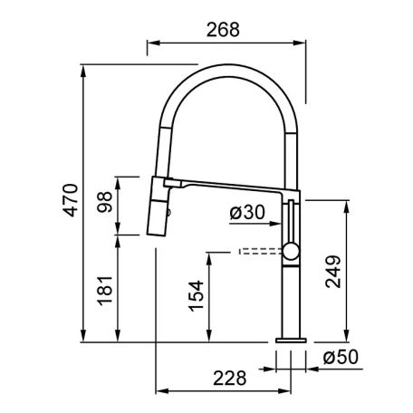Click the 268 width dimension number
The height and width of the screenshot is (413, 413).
pos(223,30)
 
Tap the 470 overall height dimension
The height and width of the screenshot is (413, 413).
pos(71,200)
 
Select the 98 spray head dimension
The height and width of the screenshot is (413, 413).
pos(104,202)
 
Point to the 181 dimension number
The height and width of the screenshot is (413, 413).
pos(104,291)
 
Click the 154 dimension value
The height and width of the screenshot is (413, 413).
pos(196,295)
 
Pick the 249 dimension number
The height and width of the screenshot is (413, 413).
pos(333,272)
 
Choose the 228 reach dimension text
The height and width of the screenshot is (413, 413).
pos(230,378)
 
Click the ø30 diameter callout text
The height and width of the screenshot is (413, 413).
pos(247,212)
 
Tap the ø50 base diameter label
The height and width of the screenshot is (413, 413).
pos(341,357)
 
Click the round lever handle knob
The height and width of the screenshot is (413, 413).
pos(291,252)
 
